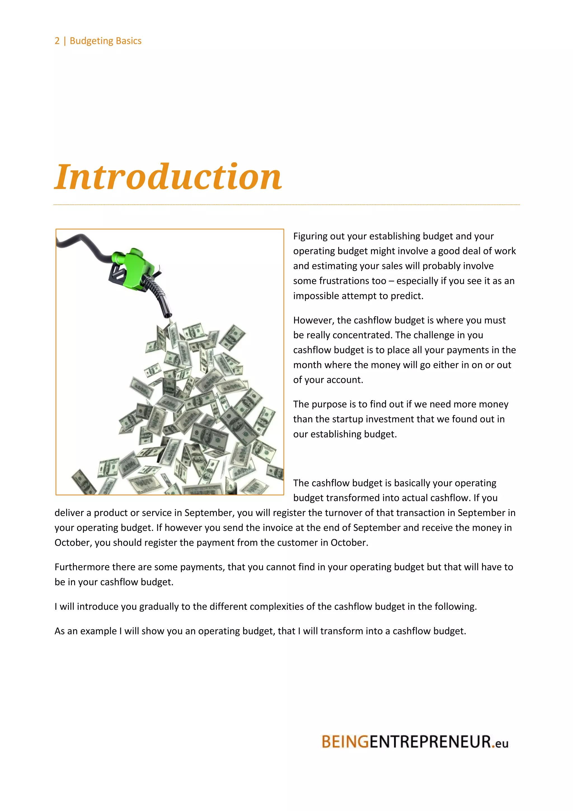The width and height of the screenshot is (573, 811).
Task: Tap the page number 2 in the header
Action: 57,41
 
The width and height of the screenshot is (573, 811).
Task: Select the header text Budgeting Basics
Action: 105,41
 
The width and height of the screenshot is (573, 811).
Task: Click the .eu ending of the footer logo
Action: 500,743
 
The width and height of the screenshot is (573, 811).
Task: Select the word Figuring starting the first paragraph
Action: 310,236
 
